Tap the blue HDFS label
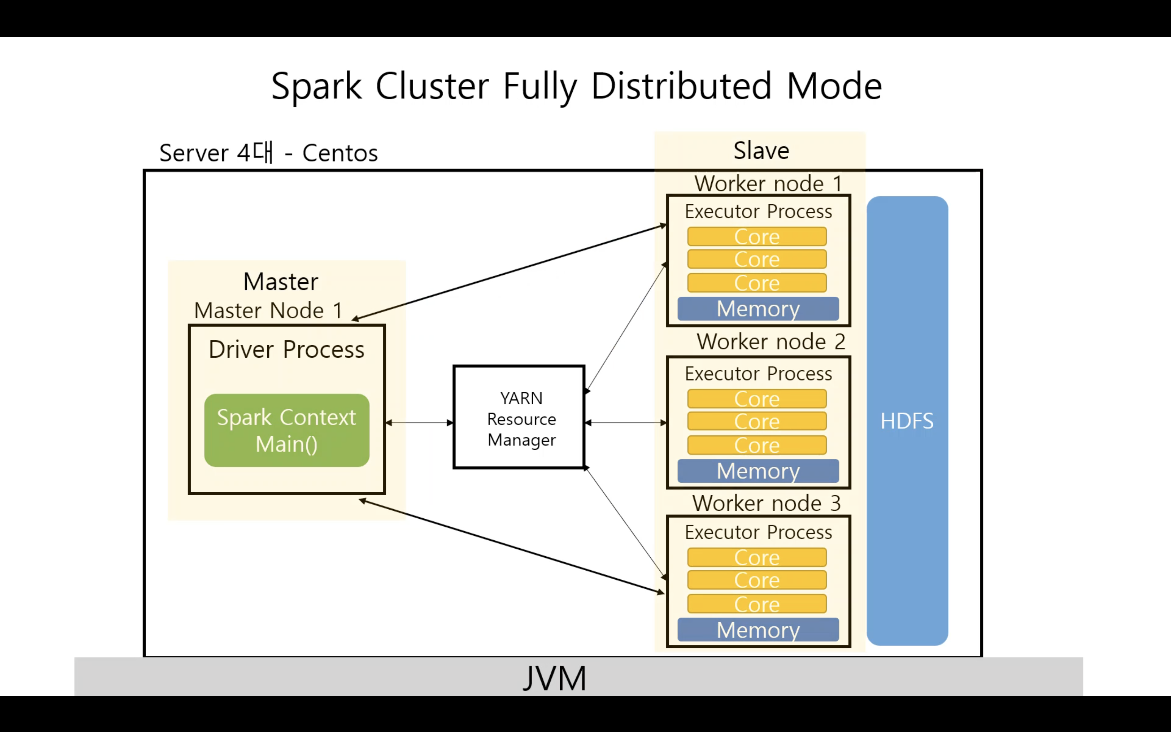tap(907, 421)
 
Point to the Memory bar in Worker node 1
tap(758, 309)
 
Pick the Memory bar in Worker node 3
tap(758, 630)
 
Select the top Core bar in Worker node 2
tap(757, 399)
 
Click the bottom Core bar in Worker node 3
tap(757, 604)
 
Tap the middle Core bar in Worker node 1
tap(757, 259)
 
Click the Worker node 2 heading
tap(770, 342)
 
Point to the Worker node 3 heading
tap(766, 503)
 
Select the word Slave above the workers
tap(761, 151)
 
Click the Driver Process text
tap(286, 350)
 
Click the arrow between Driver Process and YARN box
tap(419, 422)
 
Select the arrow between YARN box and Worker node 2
tap(626, 422)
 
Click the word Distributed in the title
tap(681, 86)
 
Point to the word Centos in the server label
tap(340, 153)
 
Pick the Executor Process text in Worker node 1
tap(758, 212)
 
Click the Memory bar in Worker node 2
tap(758, 471)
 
